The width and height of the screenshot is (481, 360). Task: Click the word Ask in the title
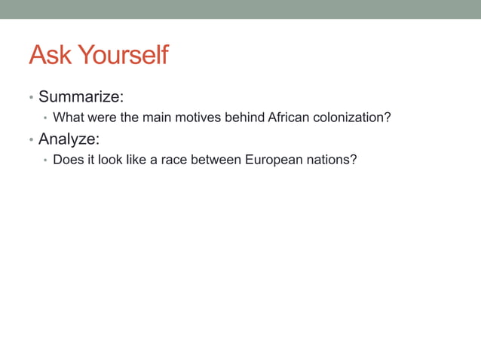(51, 55)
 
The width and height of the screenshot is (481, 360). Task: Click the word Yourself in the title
(123, 55)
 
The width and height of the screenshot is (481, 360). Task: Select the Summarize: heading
(81, 96)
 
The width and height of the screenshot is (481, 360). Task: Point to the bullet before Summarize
(31, 98)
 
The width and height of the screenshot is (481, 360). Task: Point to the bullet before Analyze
(31, 140)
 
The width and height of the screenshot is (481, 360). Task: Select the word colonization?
(353, 117)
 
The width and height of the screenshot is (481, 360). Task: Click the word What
(68, 117)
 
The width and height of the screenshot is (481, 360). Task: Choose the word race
(173, 160)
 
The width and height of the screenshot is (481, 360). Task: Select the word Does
(69, 160)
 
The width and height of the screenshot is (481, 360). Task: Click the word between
(216, 160)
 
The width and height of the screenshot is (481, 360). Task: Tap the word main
(157, 117)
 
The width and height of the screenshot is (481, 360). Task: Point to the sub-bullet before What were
(45, 118)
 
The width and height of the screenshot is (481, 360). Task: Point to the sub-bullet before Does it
(45, 160)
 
